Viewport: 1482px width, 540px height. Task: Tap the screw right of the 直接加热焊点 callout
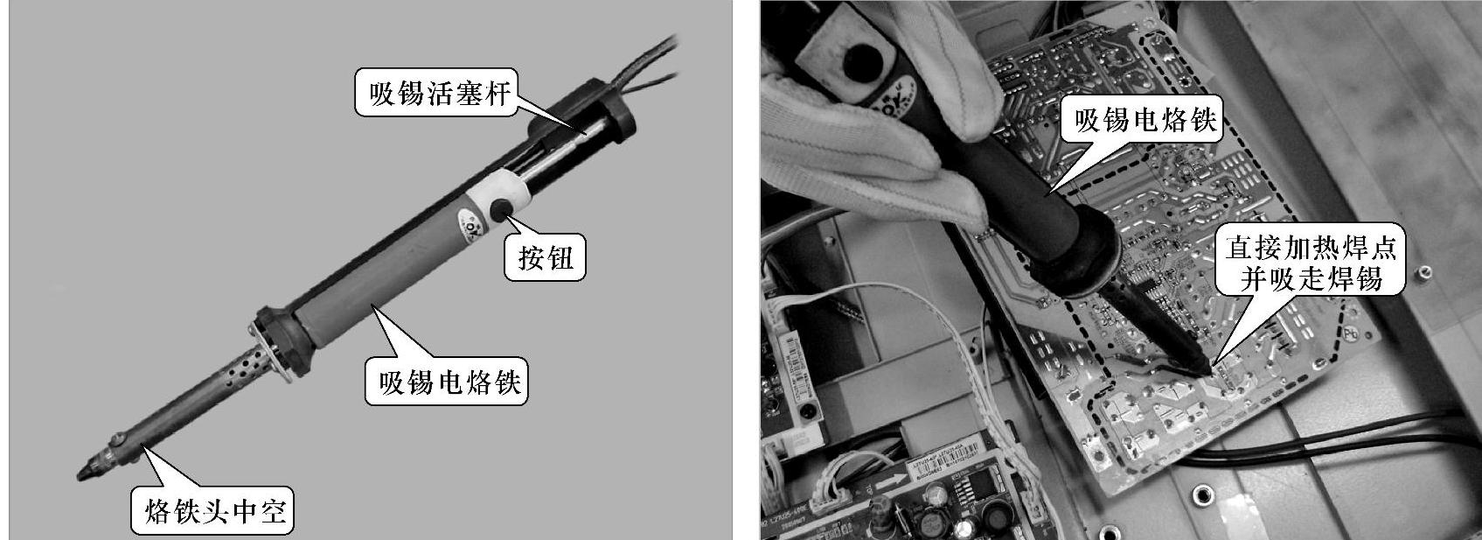pyautogui.click(x=1423, y=271)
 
